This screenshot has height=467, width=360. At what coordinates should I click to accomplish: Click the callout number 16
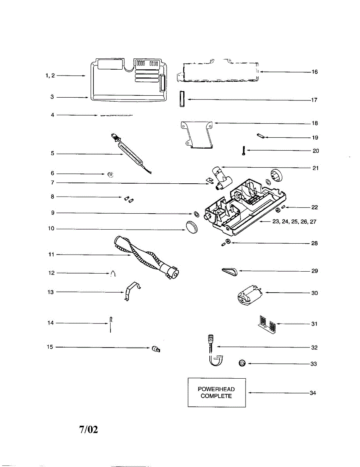pos(315,72)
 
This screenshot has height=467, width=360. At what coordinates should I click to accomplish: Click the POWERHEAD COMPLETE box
pos(217,393)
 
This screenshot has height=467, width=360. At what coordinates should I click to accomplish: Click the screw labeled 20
pos(243,151)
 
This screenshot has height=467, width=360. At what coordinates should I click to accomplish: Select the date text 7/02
pos(88,430)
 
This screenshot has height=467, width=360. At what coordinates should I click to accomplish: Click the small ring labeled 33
pos(242,363)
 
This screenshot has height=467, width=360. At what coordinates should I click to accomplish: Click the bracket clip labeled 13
pos(132,291)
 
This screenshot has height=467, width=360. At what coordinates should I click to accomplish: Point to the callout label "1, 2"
pos(50,76)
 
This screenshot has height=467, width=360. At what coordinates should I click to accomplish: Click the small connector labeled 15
pos(156,349)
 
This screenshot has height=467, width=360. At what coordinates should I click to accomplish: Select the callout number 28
pos(314,243)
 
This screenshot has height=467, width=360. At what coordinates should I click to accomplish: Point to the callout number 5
pos(52,154)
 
